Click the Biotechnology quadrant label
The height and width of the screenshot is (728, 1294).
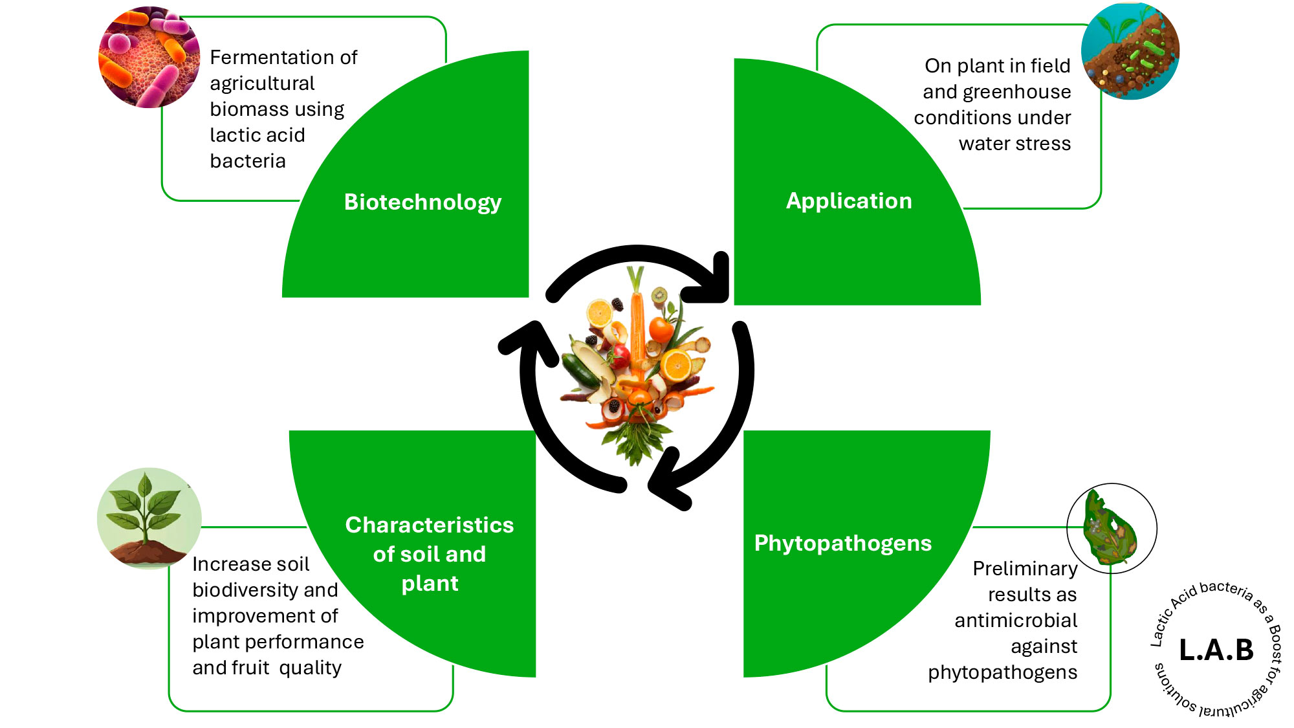coord(422,203)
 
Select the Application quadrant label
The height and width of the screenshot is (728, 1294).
coord(849,201)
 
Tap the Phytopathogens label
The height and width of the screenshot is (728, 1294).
coord(842,544)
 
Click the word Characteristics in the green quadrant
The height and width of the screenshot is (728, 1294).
coord(429,525)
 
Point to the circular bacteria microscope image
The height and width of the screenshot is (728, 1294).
coord(149,58)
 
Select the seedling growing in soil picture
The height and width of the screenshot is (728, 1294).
coord(149,518)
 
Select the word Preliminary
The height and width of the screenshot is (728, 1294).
coord(1025,569)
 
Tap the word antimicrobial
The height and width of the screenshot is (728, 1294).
coord(1016,621)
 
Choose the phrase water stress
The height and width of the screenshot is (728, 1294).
coord(1014,144)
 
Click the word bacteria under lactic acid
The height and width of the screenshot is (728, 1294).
coord(248,161)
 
